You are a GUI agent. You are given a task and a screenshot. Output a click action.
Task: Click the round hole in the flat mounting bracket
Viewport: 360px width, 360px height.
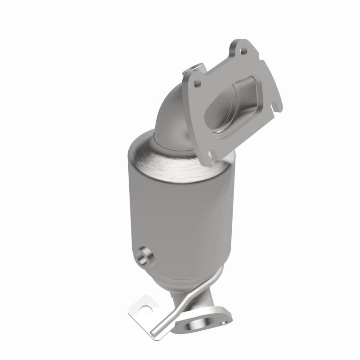pos(143,310)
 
